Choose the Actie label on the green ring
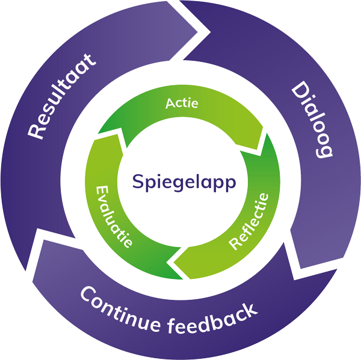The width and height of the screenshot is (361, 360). pos(182,103)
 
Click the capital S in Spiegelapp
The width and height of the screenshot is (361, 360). pos(137,180)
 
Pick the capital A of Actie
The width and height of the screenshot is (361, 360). pos(169,103)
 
